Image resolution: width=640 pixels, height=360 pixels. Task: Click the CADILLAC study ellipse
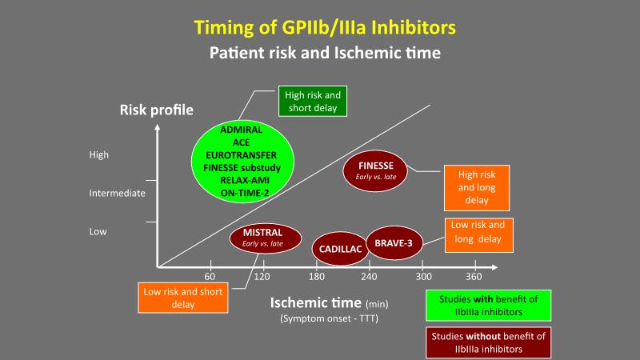(x=337, y=249)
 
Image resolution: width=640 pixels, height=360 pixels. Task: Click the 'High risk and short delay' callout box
(x=313, y=101)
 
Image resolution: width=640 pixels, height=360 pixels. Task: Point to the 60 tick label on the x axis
(x=211, y=277)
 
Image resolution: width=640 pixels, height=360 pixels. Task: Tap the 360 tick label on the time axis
(x=474, y=277)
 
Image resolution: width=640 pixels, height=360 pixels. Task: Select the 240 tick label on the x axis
(x=368, y=277)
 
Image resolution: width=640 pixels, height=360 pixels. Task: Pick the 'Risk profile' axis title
(x=157, y=110)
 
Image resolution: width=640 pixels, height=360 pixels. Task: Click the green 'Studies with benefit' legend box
(x=487, y=304)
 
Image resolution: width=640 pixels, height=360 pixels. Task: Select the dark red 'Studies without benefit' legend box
(x=487, y=342)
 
